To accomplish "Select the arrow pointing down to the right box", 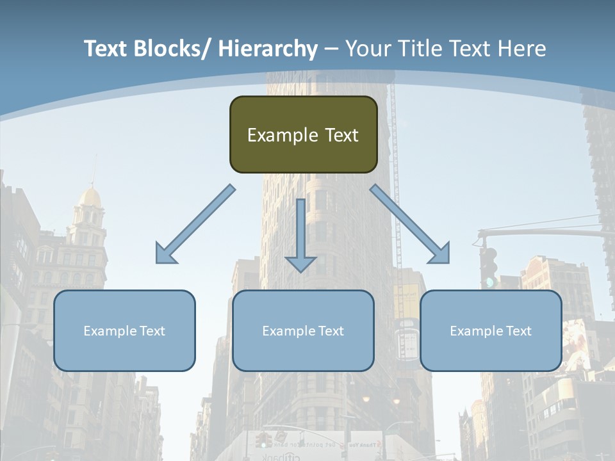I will coord(410,224).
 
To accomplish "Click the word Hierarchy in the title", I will coord(268,49).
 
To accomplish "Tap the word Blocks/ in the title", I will coord(172,49).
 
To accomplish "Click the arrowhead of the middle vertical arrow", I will coord(300,263).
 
